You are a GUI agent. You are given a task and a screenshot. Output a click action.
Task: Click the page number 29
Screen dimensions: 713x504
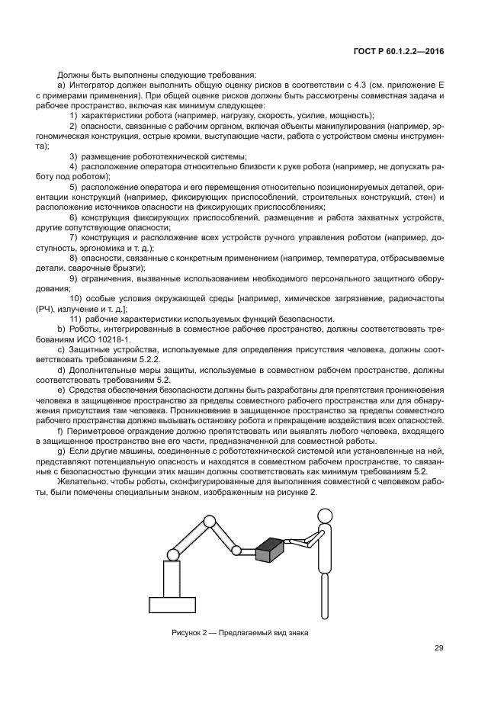[438, 649]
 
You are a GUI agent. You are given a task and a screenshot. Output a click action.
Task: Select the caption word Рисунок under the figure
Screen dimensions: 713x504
[187, 634]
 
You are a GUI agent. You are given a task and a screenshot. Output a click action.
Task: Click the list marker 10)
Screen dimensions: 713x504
[78, 297]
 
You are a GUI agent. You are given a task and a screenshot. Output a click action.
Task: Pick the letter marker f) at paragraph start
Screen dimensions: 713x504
[60, 432]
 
